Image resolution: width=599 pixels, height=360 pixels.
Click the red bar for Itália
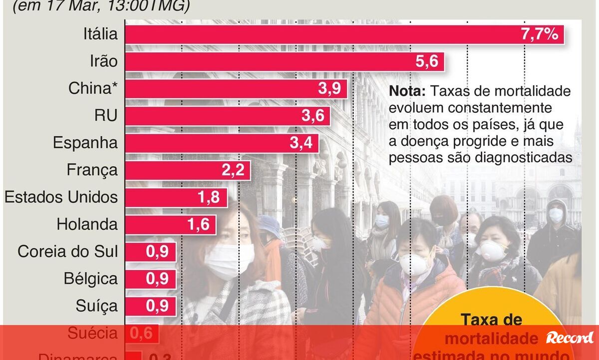(x=319, y=35)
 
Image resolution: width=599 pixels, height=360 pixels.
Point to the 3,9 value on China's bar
(x=329, y=89)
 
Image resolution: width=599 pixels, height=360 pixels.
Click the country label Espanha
(x=85, y=143)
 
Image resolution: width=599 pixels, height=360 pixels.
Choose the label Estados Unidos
(x=61, y=197)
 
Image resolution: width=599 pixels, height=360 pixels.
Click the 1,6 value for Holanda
(x=198, y=224)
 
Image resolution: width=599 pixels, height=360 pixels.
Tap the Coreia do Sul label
(x=68, y=251)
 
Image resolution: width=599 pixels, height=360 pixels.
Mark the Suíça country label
(x=97, y=305)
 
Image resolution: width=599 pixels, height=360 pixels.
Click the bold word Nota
(x=407, y=92)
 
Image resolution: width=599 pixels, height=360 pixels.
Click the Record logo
(x=570, y=338)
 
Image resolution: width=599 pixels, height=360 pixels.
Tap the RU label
(x=106, y=116)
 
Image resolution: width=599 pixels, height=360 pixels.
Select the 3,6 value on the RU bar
(x=312, y=116)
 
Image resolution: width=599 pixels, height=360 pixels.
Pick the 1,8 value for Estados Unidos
(x=209, y=197)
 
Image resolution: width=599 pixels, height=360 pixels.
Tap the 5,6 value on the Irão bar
(x=426, y=62)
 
